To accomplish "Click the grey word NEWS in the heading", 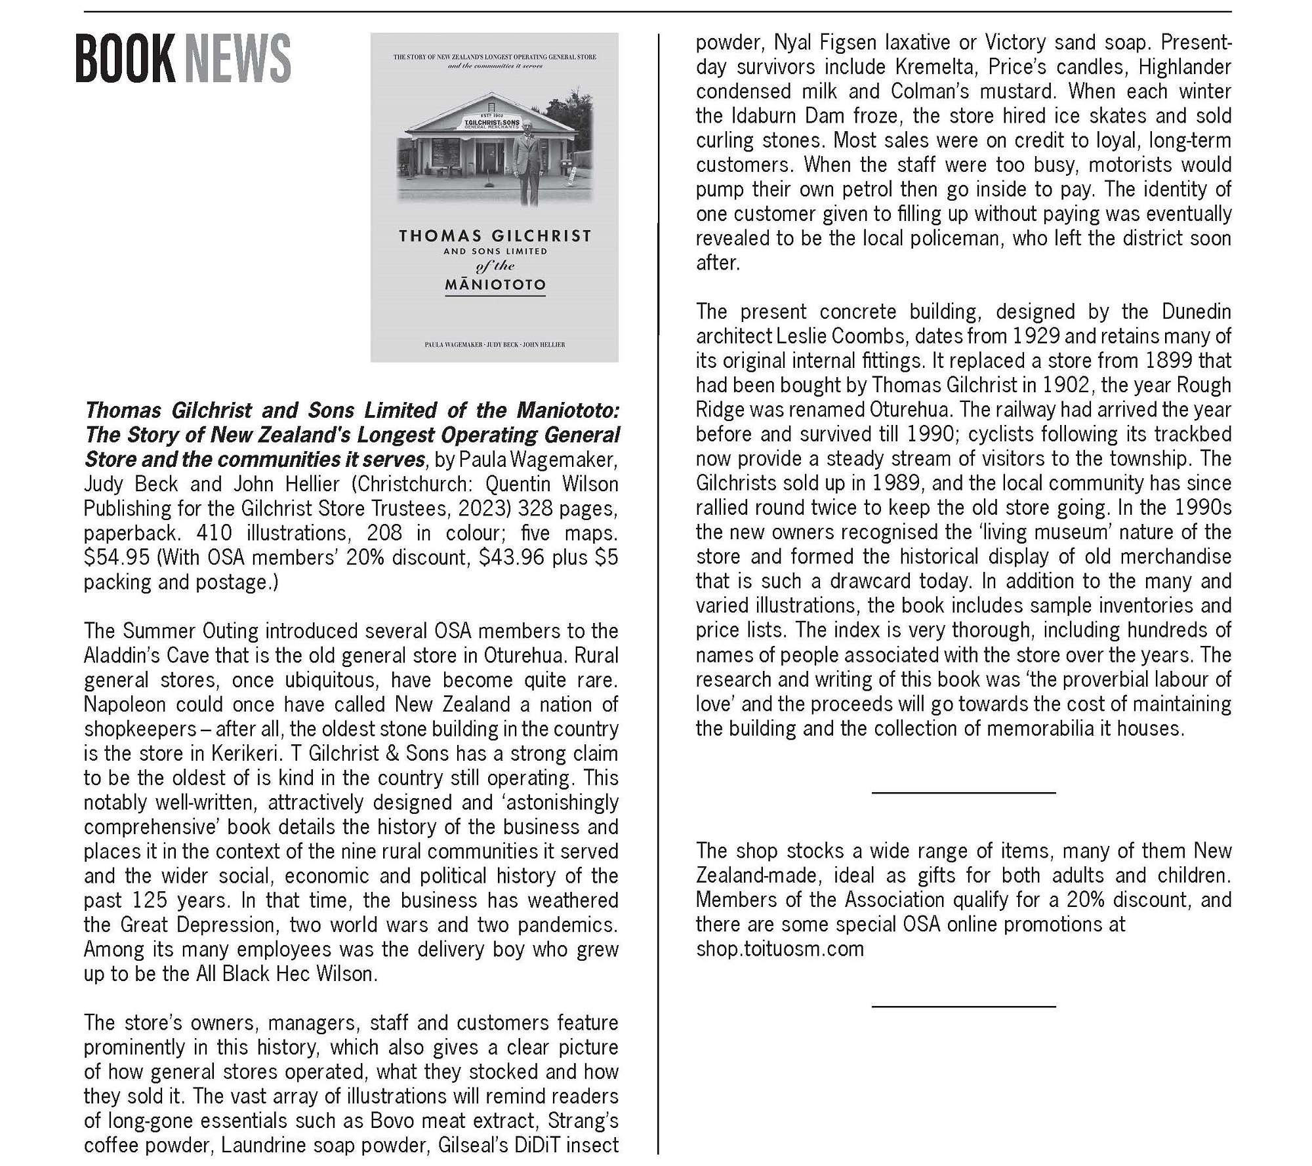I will click(x=237, y=59).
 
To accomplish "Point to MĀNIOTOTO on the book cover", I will click(x=495, y=285).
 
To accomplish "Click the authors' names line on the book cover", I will click(x=495, y=344).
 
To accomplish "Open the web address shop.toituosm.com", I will click(x=779, y=949).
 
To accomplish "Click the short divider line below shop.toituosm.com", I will click(x=963, y=1006).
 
